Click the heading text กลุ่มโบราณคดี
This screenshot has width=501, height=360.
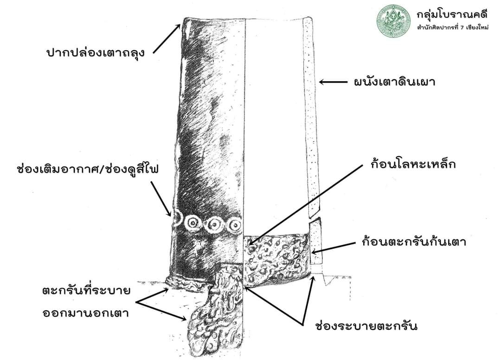click(452, 14)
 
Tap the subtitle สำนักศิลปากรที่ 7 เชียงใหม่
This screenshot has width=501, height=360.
click(452, 27)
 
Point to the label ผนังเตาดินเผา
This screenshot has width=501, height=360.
click(395, 82)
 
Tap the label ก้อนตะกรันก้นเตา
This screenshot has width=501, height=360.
click(414, 241)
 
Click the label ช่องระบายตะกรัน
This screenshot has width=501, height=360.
click(366, 326)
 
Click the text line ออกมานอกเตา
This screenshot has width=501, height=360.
click(86, 313)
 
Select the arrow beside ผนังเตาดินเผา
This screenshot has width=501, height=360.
click(333, 82)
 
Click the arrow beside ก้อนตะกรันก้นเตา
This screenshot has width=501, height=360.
click(334, 248)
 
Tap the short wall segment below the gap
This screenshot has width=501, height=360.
click(316, 242)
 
